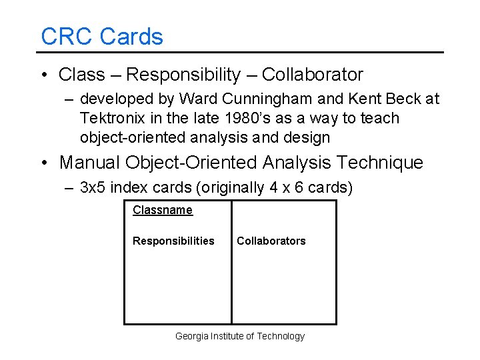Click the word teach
[379, 119]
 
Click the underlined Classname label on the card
[162, 210]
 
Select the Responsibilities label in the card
[173, 241]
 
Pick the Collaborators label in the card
[271, 241]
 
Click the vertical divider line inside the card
[231, 280]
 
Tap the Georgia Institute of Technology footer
[239, 336]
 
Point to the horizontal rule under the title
[240, 52]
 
